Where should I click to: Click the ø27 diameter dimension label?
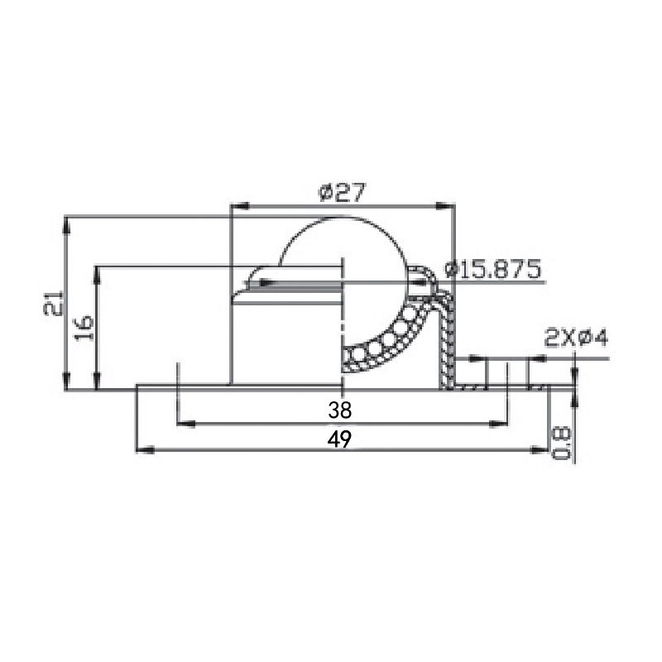[342, 192]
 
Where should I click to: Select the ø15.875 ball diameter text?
[493, 270]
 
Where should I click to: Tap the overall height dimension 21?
[53, 304]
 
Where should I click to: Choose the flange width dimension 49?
[338, 439]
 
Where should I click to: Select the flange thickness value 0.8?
[561, 443]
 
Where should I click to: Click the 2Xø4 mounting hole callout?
[577, 338]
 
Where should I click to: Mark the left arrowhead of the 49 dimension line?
[142, 449]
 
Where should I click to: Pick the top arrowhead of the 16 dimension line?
[98, 271]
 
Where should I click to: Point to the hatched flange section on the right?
[496, 386]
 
